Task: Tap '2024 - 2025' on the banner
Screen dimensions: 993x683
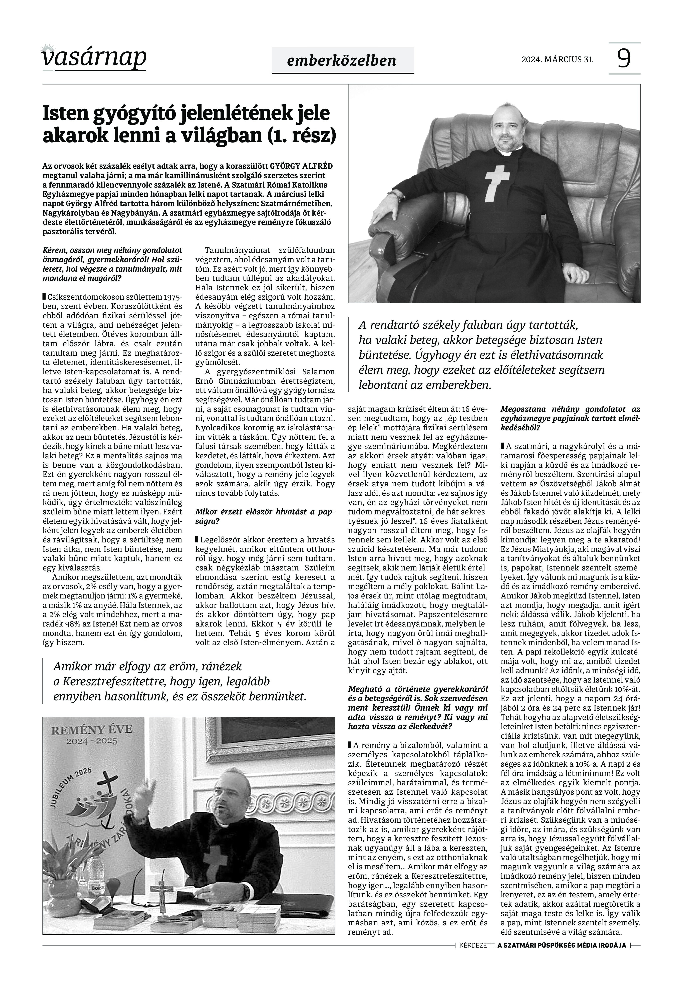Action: coord(92,741)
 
